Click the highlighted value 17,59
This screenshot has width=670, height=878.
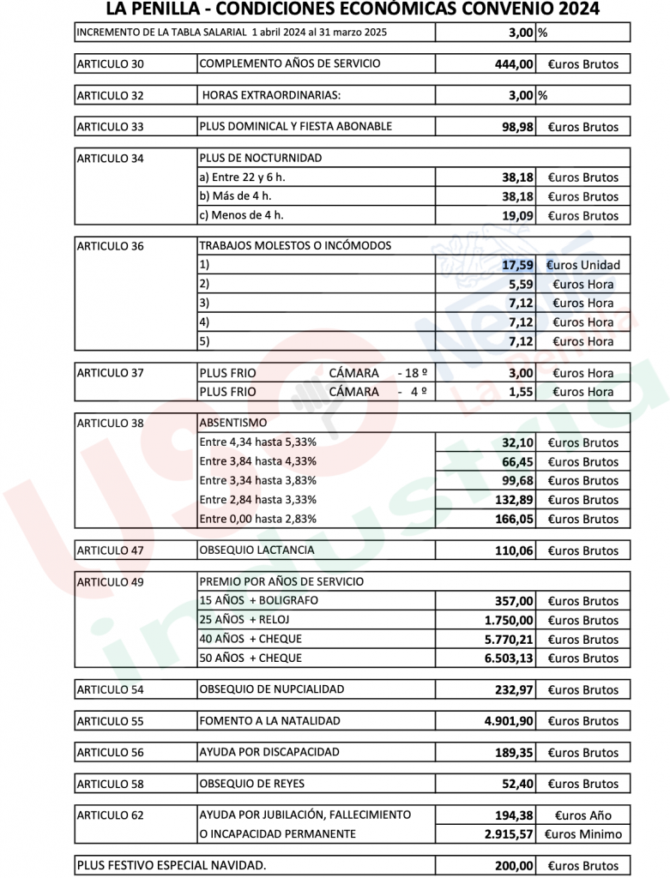[x=518, y=265]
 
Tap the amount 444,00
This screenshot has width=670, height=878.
[x=514, y=64]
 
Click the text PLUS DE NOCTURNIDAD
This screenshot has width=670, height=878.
[x=260, y=158]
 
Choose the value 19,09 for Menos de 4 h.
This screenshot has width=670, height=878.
[x=518, y=216]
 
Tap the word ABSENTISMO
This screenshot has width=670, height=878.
[x=232, y=423]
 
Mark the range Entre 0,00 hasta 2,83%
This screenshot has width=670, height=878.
[x=257, y=519]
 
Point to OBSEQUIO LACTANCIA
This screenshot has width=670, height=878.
[x=257, y=550]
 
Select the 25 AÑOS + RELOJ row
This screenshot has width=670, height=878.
[x=244, y=620]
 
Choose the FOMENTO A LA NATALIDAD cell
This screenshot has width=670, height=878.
[x=269, y=721]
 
